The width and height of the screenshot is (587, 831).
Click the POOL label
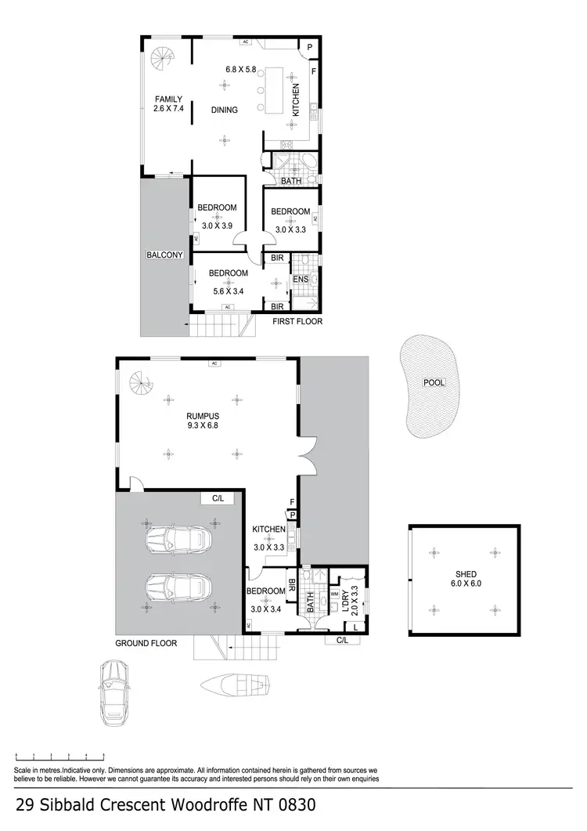(x=433, y=383)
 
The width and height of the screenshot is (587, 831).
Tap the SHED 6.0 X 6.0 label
(x=466, y=579)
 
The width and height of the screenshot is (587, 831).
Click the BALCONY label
(x=164, y=255)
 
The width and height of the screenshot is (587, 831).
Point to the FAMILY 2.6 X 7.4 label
(x=168, y=104)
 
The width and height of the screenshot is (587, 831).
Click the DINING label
(x=225, y=110)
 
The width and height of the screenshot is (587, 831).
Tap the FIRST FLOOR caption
(x=297, y=321)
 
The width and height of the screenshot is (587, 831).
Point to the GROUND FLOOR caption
(x=146, y=643)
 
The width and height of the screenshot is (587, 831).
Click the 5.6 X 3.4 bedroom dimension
(x=228, y=291)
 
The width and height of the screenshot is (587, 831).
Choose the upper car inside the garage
(x=178, y=539)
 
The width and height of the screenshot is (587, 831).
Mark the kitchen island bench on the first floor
(x=275, y=92)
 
